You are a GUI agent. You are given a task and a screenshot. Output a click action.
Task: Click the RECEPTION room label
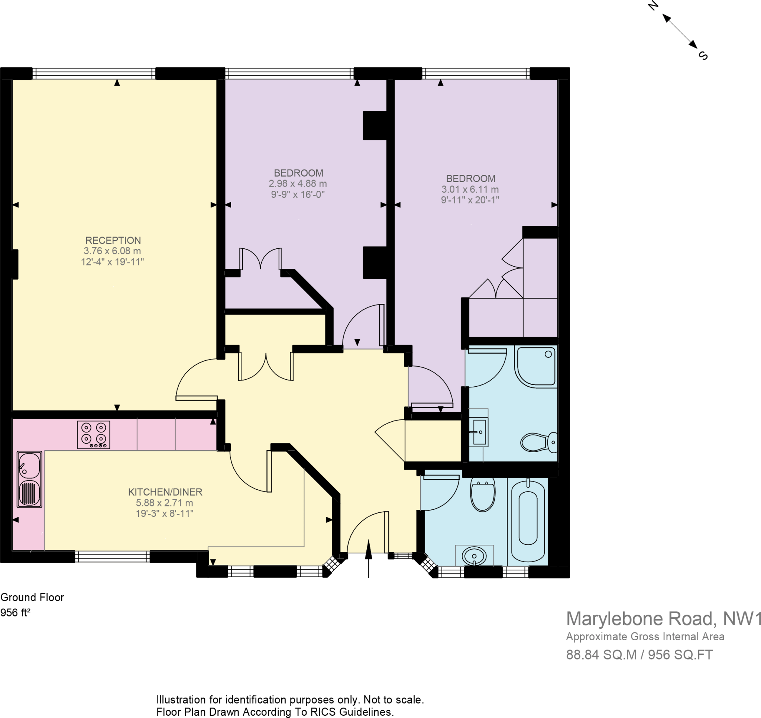click(x=113, y=240)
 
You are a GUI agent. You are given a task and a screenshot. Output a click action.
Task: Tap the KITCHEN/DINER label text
click(x=165, y=492)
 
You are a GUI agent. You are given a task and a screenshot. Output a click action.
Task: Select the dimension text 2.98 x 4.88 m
click(x=297, y=184)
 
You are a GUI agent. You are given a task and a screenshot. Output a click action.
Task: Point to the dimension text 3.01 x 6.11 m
click(x=470, y=189)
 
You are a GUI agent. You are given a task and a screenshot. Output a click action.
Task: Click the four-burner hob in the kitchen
click(x=94, y=435)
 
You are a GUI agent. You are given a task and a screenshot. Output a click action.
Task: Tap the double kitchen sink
click(x=29, y=479)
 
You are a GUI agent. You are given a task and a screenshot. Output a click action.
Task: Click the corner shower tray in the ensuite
click(x=536, y=366)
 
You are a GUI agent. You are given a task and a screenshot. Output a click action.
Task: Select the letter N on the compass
click(x=653, y=6)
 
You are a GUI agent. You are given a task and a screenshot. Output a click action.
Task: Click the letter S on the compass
click(x=703, y=55)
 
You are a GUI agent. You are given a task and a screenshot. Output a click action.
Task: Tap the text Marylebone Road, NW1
click(x=663, y=618)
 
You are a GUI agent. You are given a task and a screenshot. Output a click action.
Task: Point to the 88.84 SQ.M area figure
click(x=601, y=655)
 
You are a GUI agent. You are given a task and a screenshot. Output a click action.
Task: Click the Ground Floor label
click(x=32, y=597)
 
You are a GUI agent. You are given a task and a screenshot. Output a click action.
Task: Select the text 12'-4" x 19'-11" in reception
click(x=112, y=262)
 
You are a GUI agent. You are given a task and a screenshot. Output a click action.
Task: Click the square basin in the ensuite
click(x=479, y=432)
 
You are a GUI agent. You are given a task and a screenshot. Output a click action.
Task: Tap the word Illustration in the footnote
click(x=181, y=700)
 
